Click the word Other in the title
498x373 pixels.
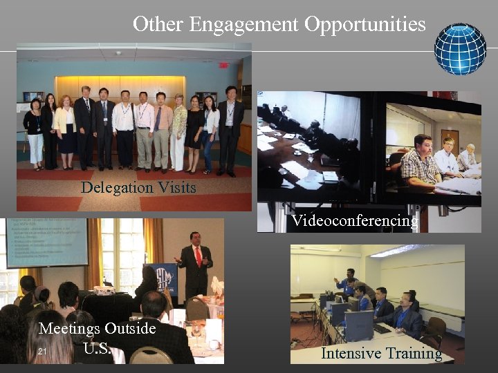pos(158,24)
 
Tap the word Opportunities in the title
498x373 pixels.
pos(365,25)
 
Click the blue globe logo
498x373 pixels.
pos(460,49)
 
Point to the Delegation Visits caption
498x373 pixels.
pos(138,187)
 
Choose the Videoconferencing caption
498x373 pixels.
pos(355,221)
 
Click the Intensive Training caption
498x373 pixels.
pos(381,354)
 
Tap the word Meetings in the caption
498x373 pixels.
pos(70,329)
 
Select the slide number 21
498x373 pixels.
pos(42,352)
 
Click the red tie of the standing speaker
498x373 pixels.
pos(198,256)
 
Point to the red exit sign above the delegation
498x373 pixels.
pos(223,66)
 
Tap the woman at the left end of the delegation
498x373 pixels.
pos(33,131)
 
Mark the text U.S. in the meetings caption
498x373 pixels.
pos(97,347)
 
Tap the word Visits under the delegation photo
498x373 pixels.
pos(176,187)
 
